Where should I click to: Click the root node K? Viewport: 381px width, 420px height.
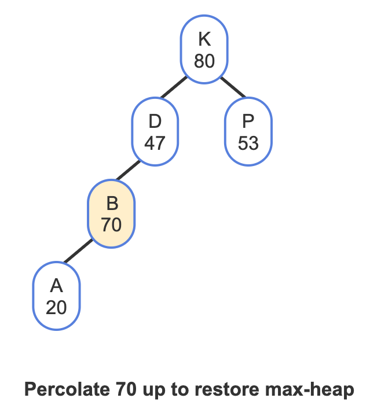pyautogui.click(x=204, y=50)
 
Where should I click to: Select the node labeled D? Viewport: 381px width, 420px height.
pyautogui.click(x=155, y=132)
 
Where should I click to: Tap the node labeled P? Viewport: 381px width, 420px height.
pyautogui.click(x=248, y=132)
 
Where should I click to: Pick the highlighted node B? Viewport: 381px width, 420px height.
pyautogui.click(x=111, y=214)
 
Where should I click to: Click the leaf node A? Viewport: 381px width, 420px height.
pyautogui.click(x=56, y=297)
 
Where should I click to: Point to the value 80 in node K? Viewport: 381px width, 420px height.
pyautogui.click(x=204, y=61)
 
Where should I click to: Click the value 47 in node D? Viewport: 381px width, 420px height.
pyautogui.click(x=155, y=143)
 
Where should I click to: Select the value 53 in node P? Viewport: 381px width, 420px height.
pyautogui.click(x=248, y=143)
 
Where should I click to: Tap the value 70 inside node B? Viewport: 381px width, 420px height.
pyautogui.click(x=111, y=224)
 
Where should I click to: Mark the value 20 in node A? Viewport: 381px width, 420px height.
pyautogui.click(x=56, y=307)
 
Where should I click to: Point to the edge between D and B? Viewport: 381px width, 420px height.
pyautogui.click(x=129, y=171)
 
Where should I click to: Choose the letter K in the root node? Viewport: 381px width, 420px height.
pyautogui.click(x=204, y=39)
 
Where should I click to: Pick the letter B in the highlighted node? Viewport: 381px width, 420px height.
pyautogui.click(x=112, y=204)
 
